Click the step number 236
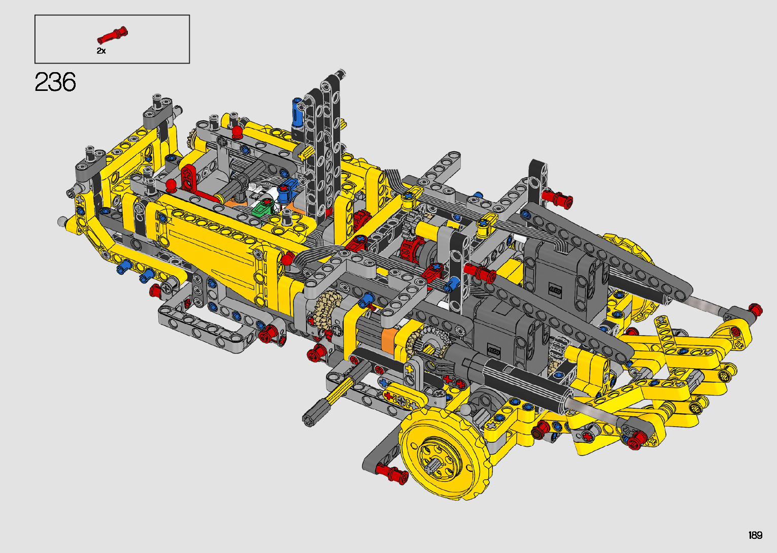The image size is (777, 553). tap(55, 82)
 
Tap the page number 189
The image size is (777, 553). tap(755, 535)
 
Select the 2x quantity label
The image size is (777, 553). tap(101, 51)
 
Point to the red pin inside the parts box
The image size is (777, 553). tap(112, 35)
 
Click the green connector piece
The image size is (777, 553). tap(263, 207)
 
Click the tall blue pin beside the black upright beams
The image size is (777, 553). tap(297, 112)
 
